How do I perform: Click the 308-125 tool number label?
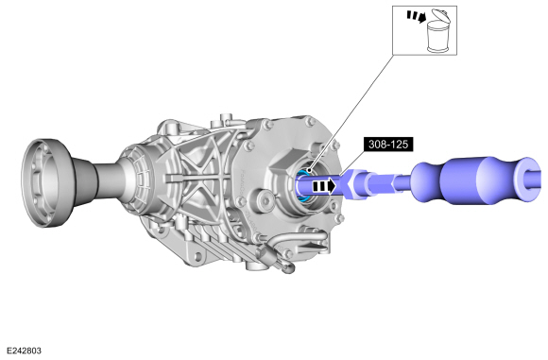(388, 144)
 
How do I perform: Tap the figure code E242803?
(25, 351)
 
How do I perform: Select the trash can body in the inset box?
(437, 36)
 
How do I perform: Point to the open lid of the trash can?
(440, 15)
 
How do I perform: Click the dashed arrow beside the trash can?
(417, 16)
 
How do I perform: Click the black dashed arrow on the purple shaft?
(324, 186)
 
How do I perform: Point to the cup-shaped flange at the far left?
(47, 183)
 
